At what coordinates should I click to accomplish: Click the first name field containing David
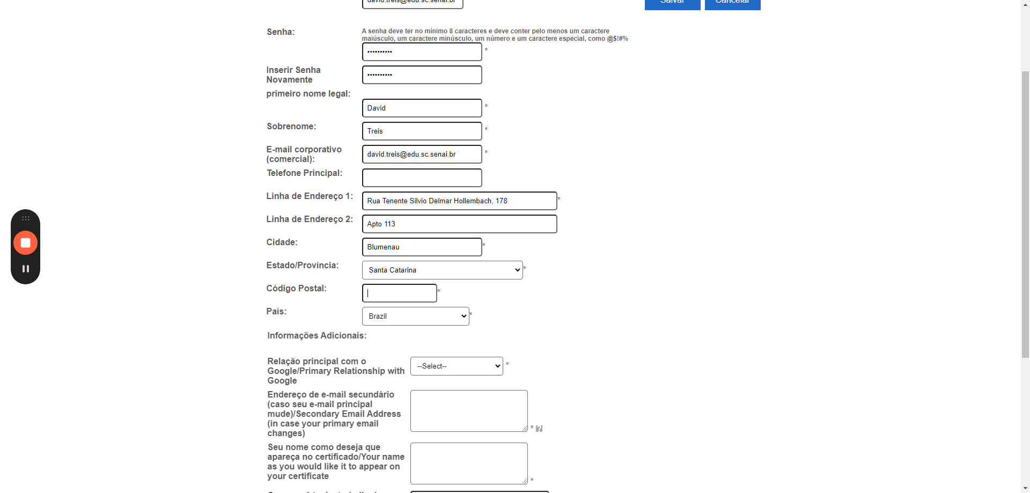422,108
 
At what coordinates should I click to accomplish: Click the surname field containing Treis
422,131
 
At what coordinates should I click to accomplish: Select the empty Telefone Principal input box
422,178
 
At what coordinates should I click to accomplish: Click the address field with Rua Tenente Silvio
459,201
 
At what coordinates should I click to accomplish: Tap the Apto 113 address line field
459,224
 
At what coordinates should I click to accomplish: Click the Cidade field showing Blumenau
422,247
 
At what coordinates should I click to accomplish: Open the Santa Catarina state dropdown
442,270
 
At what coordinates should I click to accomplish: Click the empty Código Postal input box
400,293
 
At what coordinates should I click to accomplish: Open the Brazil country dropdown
415,316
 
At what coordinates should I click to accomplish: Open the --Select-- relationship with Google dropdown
457,366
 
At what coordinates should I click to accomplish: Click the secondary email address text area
469,410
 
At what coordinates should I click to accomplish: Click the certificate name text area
469,463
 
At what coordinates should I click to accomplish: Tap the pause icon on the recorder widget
25,269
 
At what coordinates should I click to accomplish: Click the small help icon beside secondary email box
539,429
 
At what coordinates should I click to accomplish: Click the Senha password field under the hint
422,51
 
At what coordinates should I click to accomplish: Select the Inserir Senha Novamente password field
422,75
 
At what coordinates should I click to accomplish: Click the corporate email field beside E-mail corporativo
422,154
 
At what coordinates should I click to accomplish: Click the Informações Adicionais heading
317,335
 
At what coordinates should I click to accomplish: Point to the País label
276,311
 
